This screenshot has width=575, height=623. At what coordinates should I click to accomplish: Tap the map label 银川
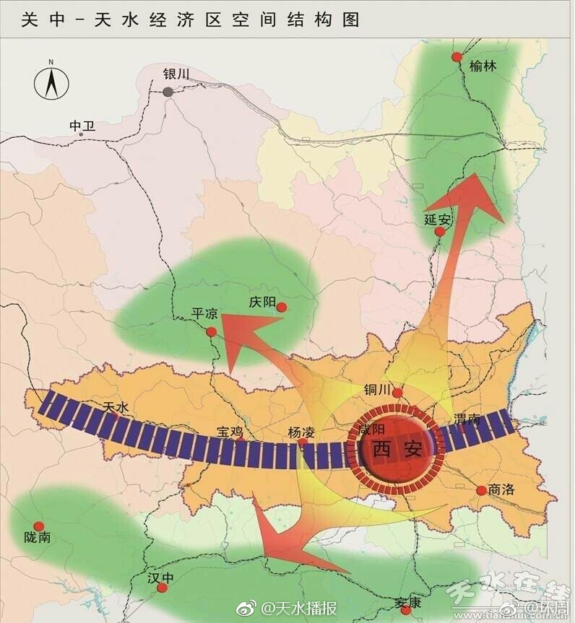coord(176,74)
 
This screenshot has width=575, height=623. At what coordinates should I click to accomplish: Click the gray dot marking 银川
coord(168,92)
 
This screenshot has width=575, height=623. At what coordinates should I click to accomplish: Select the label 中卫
coord(82,126)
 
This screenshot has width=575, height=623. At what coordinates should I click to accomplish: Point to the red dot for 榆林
coord(457,57)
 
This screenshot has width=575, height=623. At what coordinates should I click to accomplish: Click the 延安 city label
coord(437,219)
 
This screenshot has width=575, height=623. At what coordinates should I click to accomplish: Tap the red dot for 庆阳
coord(282,308)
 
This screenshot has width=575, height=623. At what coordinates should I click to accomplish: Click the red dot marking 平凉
coord(212,332)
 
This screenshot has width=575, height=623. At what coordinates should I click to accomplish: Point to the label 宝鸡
coord(230,432)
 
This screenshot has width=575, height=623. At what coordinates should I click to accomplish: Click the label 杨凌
coord(301,432)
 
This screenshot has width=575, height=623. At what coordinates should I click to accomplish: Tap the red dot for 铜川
coord(396,392)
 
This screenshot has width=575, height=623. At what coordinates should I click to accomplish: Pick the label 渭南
coord(467,419)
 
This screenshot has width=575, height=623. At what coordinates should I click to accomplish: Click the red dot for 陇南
coord(39,526)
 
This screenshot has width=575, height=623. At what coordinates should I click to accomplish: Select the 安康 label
coord(408,603)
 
